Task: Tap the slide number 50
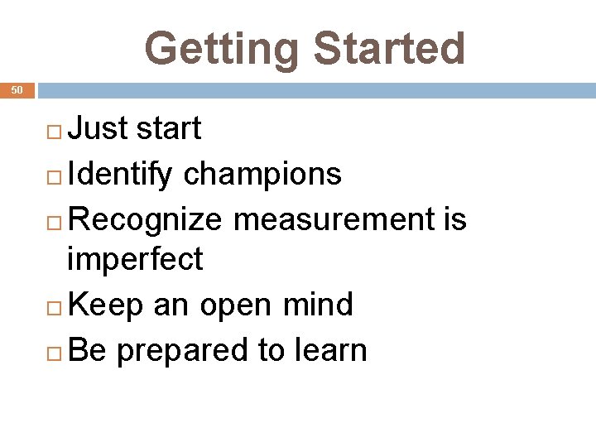click(x=17, y=89)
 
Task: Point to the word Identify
click(x=121, y=174)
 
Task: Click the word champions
click(x=262, y=174)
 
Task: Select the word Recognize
click(x=146, y=219)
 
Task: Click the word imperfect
click(x=135, y=260)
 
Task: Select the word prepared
click(x=185, y=351)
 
